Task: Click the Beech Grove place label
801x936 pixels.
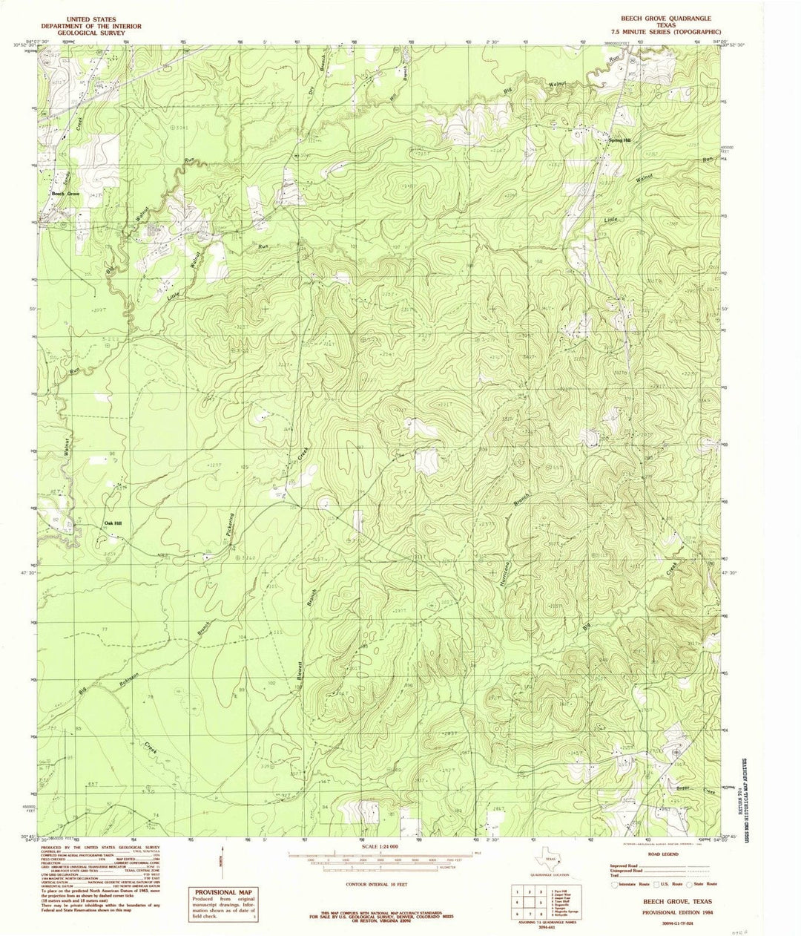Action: pyautogui.click(x=65, y=194)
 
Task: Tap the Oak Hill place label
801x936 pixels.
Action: pyautogui.click(x=113, y=523)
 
